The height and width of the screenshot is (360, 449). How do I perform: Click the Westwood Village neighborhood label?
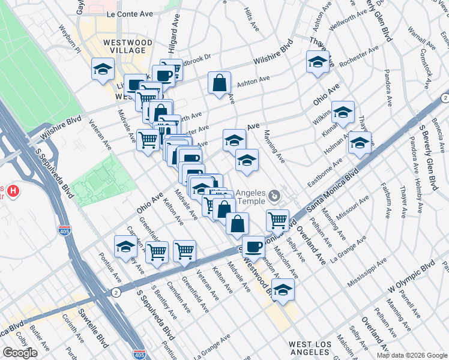(x=127, y=47)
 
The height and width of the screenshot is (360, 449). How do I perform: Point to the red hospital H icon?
(x=13, y=193)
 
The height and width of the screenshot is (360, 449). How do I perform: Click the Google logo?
(x=20, y=353)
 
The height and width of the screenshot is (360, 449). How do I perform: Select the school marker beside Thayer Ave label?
(x=318, y=61)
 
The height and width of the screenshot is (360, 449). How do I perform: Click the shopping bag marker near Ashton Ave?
(x=220, y=83)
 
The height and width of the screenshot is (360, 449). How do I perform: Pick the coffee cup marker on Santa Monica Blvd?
(x=254, y=246)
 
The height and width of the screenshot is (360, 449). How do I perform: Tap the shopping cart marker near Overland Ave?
(x=277, y=220)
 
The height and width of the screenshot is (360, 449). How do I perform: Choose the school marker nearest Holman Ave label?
(x=360, y=143)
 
